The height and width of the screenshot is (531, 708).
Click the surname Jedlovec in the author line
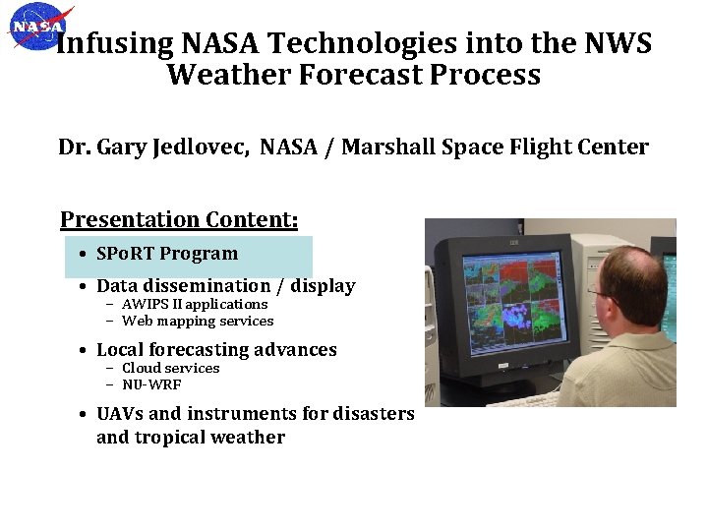[205, 147]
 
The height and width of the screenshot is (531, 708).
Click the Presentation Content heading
[179, 219]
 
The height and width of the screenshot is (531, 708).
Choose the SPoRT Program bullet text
[167, 254]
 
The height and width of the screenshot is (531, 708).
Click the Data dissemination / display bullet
[225, 286]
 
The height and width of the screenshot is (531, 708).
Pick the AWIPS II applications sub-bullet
[194, 305]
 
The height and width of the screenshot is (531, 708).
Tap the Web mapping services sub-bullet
[198, 322]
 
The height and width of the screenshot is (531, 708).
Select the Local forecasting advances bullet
[216, 350]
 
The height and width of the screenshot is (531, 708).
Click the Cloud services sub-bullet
[170, 369]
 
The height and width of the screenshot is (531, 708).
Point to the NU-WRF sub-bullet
[151, 384]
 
